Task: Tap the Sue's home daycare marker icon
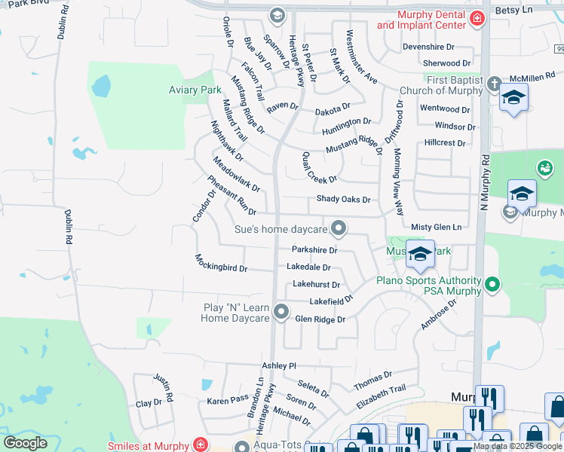pyautogui.click(x=340, y=228)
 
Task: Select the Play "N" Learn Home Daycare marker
pyautogui.click(x=281, y=311)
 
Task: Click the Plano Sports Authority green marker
pyautogui.click(x=493, y=284)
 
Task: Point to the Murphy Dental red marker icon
pyautogui.click(x=476, y=18)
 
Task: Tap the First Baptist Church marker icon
pyautogui.click(x=494, y=84)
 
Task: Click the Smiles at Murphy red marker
pyautogui.click(x=200, y=444)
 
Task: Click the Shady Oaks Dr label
pyautogui.click(x=343, y=200)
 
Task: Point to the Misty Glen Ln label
pyautogui.click(x=436, y=227)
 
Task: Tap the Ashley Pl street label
pyautogui.click(x=279, y=365)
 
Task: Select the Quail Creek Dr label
pyautogui.click(x=319, y=167)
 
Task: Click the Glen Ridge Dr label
pyautogui.click(x=320, y=319)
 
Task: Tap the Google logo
pyautogui.click(x=25, y=443)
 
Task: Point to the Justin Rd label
pyautogui.click(x=164, y=387)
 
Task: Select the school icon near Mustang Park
pyautogui.click(x=420, y=254)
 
